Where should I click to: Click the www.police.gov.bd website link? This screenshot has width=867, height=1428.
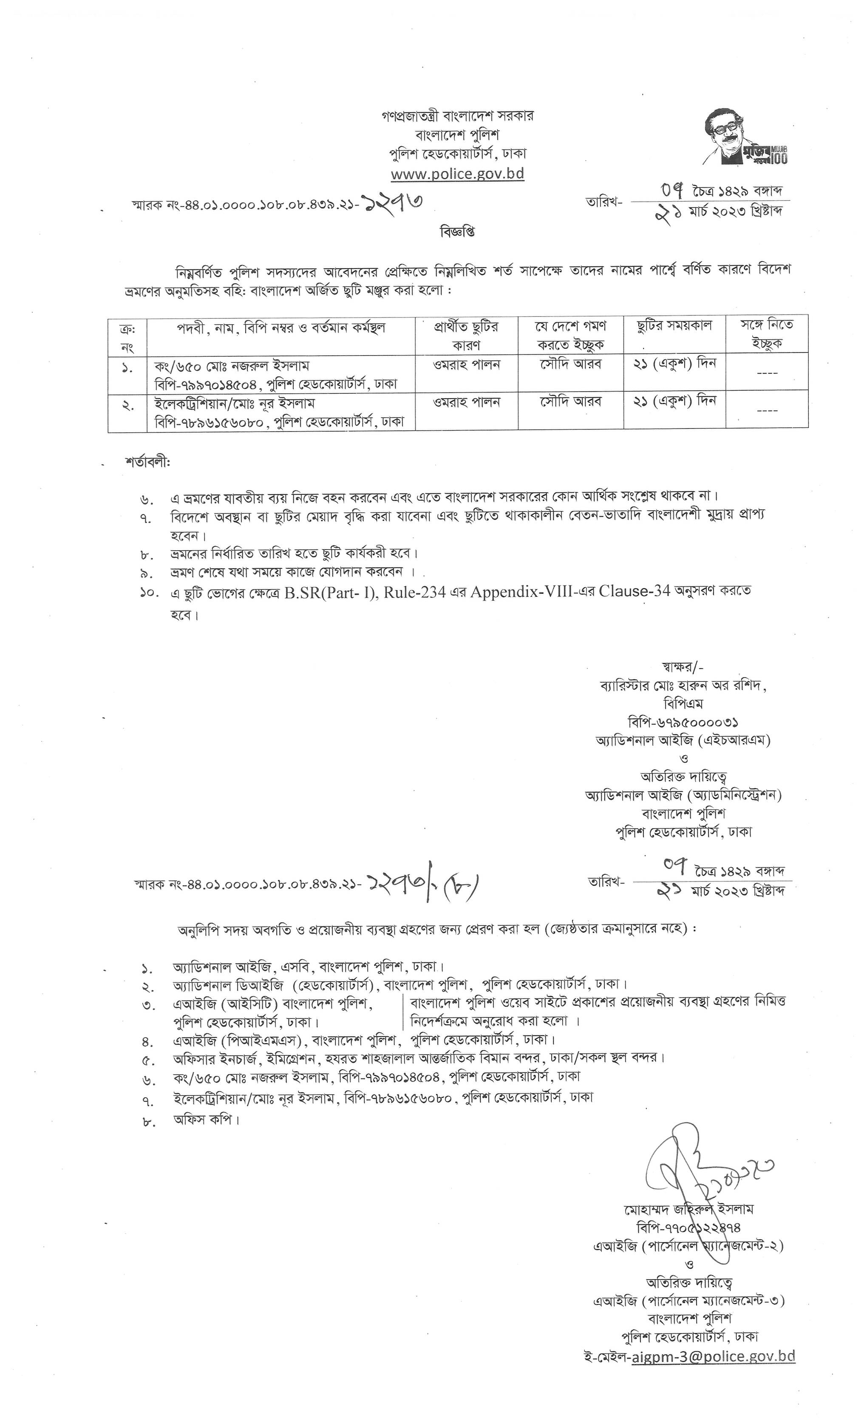click(457, 174)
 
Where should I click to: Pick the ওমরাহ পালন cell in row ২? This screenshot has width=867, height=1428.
click(467, 402)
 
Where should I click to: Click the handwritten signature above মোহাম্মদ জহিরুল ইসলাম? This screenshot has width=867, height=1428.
click(704, 1165)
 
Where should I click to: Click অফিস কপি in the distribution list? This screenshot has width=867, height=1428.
click(206, 1120)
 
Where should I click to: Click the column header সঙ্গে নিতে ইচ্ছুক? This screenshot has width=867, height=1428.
click(766, 334)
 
